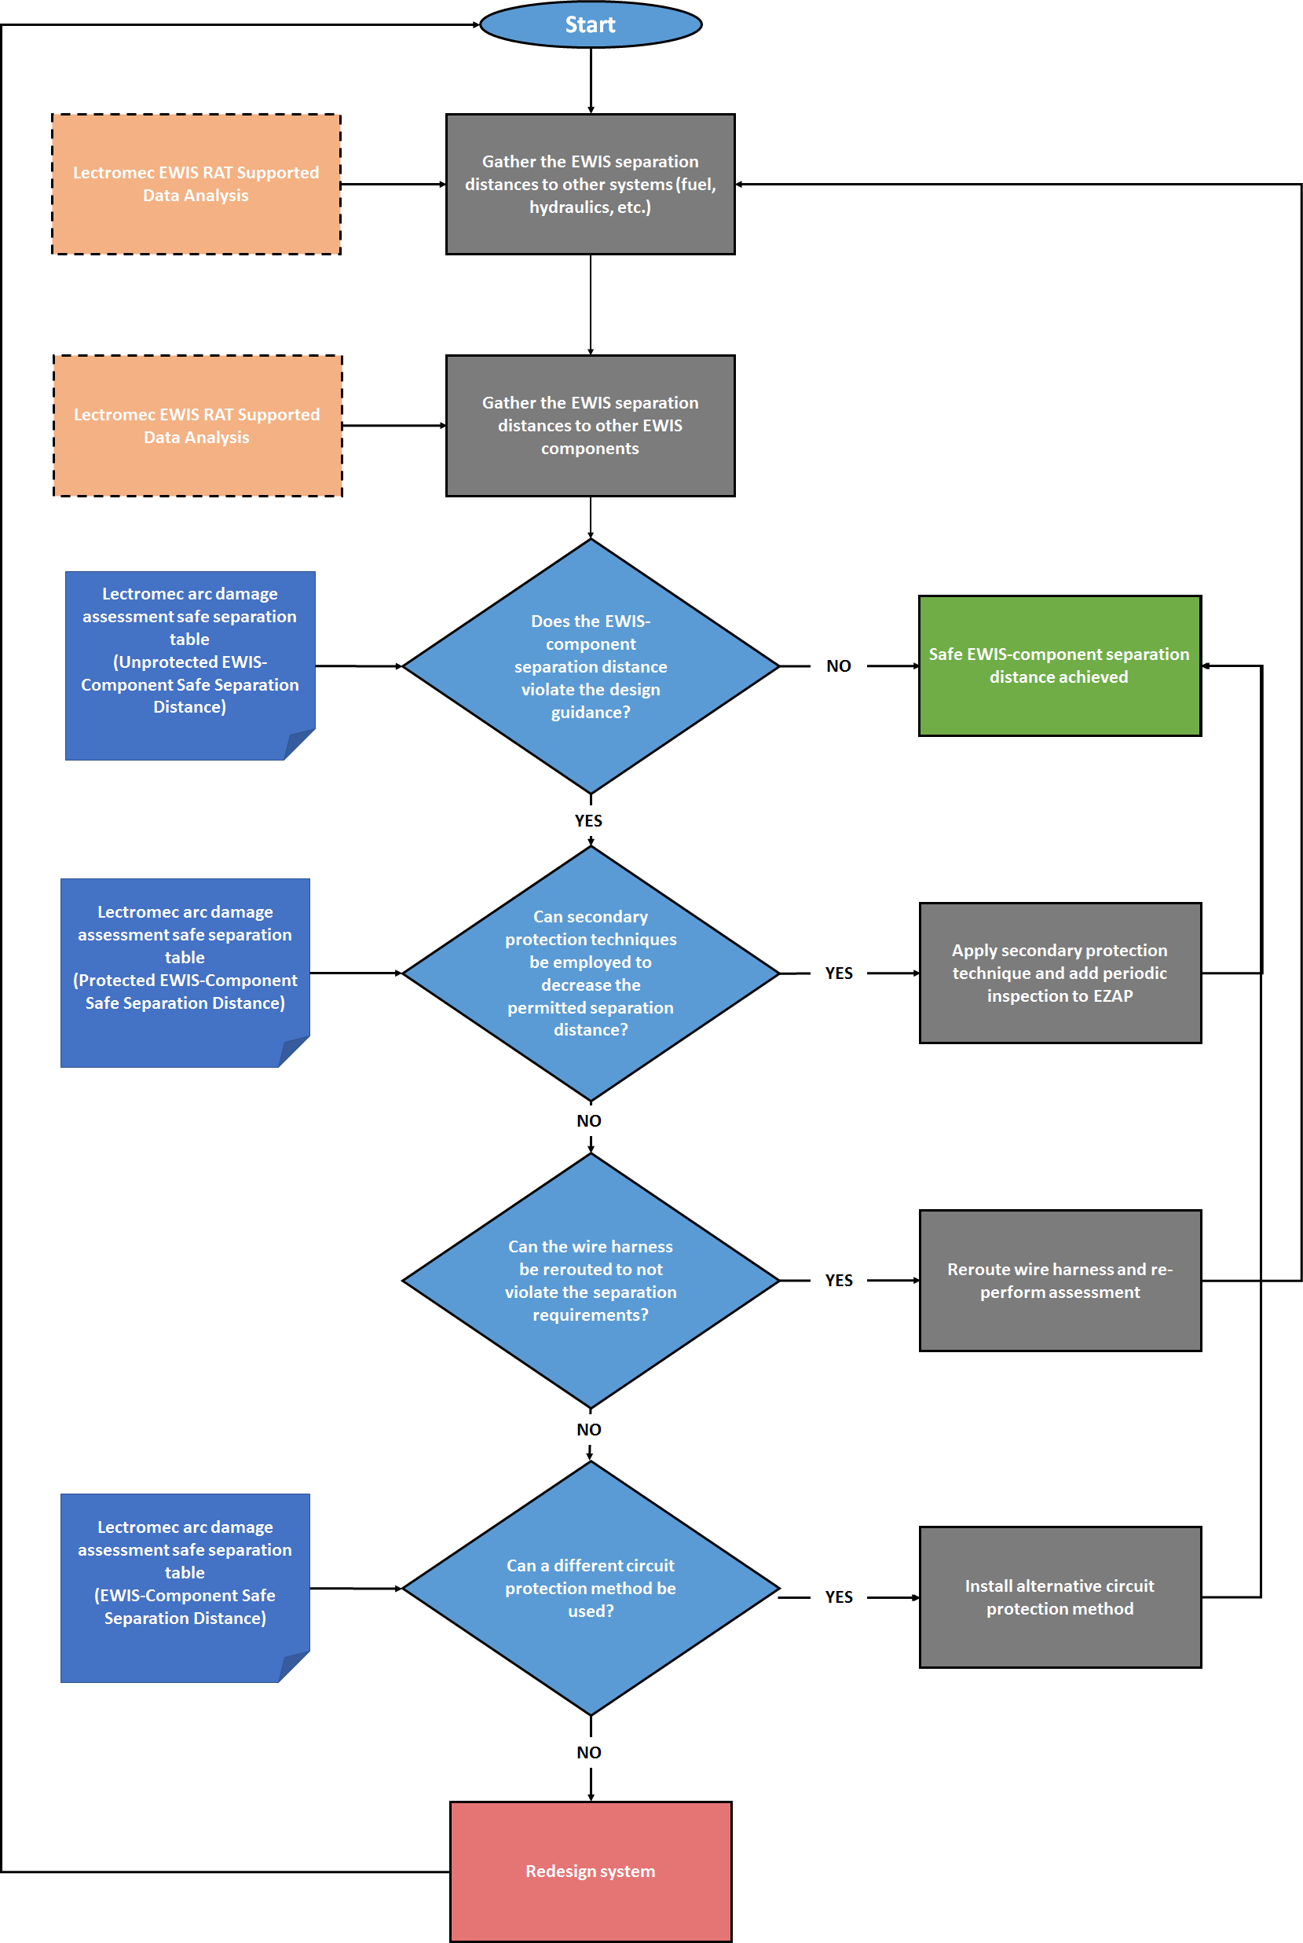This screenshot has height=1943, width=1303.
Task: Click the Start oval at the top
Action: coord(591,25)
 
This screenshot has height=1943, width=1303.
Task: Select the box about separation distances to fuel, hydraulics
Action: coord(591,185)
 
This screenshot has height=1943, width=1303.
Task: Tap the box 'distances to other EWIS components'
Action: coord(591,426)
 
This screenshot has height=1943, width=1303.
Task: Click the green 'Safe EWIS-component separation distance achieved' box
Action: coord(1060,665)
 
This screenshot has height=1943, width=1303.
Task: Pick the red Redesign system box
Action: coord(591,1871)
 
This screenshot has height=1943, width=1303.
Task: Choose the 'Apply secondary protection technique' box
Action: coord(1060,973)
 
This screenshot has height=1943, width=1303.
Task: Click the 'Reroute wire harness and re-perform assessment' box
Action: coord(1060,1281)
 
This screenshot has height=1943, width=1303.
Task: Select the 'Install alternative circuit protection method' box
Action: coord(1060,1597)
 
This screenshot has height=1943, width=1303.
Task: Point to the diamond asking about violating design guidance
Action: coord(591,665)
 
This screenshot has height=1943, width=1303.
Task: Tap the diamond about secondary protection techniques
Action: coord(591,973)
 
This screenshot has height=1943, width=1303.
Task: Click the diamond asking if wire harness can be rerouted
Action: coord(591,1281)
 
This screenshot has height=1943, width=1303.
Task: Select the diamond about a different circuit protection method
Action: coord(591,1588)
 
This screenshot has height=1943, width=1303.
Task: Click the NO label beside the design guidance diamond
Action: coord(839,665)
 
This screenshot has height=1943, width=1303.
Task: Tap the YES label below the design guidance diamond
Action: coord(588,820)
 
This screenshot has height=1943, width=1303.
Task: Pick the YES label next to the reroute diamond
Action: coord(839,1281)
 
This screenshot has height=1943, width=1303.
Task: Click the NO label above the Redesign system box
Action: coord(589,1753)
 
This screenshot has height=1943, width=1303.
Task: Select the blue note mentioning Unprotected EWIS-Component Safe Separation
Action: coord(190,665)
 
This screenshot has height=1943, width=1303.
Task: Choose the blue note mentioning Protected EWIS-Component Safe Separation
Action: coord(185,973)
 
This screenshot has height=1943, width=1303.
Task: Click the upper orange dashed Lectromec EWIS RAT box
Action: coord(196,185)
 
